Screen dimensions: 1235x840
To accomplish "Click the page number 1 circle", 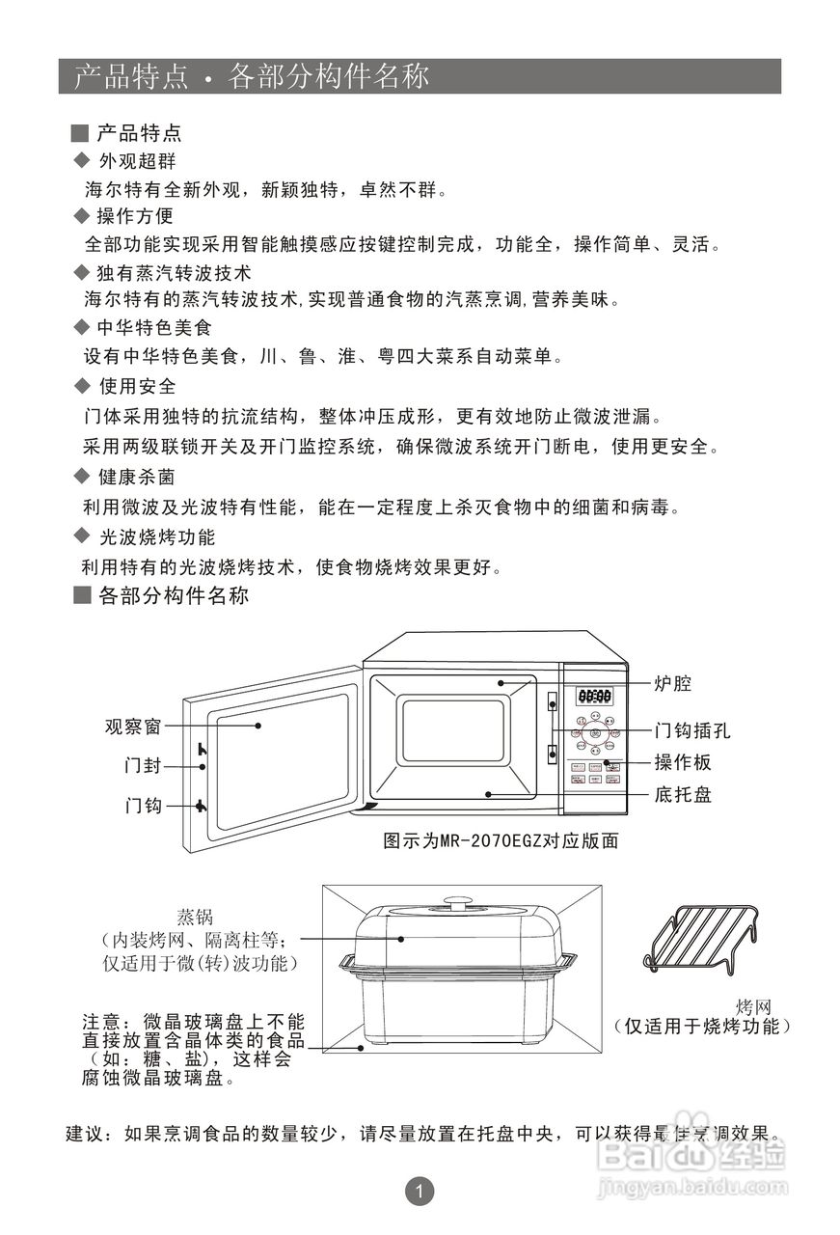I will coord(419,1193).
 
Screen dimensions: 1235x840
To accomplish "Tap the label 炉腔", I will coord(673,684).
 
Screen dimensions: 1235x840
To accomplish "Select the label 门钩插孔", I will coord(692,730).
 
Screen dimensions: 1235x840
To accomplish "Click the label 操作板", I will coord(683,762).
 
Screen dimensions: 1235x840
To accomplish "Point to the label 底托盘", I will coord(683,795).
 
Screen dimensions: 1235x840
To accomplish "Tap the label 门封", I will coord(143,766).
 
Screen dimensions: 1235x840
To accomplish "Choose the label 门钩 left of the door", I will coord(143,806).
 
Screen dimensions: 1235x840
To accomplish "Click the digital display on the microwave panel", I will coord(594,696).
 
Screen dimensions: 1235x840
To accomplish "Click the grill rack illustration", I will coord(699,938).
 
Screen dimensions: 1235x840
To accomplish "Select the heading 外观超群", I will coord(137,161).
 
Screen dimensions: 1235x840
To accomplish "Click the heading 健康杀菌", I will coord(137,478).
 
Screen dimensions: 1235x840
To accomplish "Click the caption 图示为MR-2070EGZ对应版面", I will coord(501,840).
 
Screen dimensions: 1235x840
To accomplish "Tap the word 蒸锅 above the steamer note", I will coord(195,916).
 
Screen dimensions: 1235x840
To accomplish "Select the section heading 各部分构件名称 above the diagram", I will coord(174,596).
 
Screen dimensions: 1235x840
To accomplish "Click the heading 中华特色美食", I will coord(154,328).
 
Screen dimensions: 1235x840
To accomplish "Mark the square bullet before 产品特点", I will coord(81,133).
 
